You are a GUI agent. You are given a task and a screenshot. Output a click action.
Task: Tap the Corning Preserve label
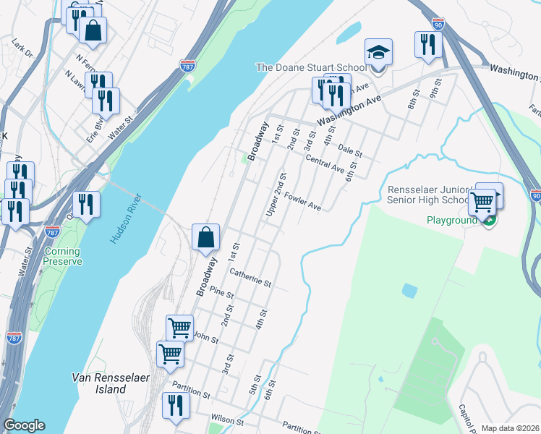(x=62, y=256)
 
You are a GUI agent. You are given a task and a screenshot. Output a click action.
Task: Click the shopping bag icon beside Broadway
(x=206, y=237)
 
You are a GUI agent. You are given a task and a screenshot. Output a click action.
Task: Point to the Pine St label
(x=221, y=294)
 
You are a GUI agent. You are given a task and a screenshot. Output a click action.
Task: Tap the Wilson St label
(x=229, y=419)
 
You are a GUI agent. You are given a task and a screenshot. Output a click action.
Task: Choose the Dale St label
(x=349, y=150)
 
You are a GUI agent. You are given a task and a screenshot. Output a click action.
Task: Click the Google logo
(x=24, y=425)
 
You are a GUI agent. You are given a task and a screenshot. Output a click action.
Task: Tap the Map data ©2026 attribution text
(x=510, y=428)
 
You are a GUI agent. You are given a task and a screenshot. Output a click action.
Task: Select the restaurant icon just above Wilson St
(x=175, y=406)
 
